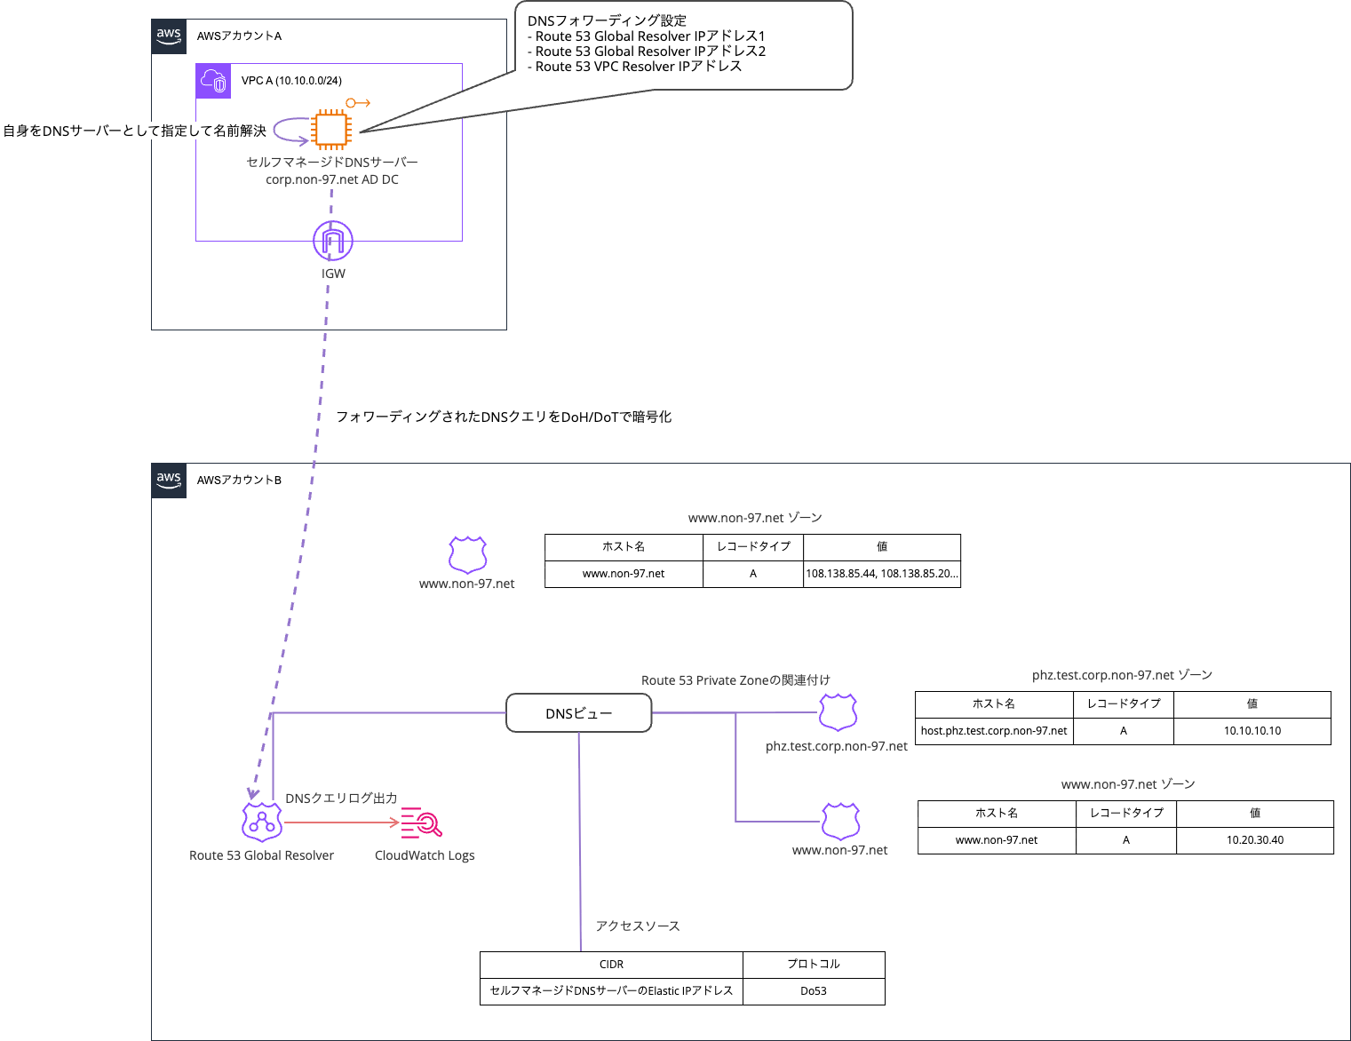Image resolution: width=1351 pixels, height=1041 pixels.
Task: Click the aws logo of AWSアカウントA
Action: [x=169, y=36]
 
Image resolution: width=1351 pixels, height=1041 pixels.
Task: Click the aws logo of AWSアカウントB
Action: [x=169, y=481]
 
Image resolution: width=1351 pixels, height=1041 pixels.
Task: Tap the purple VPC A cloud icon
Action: [x=213, y=81]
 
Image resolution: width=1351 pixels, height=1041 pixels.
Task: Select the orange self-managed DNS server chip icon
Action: [x=330, y=130]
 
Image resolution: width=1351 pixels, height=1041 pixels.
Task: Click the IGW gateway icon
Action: [x=333, y=241]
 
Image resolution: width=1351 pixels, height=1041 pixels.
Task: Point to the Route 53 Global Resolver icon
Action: [x=262, y=822]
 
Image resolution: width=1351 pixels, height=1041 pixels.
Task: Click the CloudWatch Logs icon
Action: [x=421, y=822]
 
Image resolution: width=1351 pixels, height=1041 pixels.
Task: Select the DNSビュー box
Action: [x=579, y=713]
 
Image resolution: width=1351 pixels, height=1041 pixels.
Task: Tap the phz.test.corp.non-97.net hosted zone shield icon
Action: [x=838, y=712]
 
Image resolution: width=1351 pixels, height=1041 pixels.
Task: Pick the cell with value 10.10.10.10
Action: [x=1252, y=731]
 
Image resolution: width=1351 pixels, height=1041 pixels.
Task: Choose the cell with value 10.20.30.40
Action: [x=1254, y=840]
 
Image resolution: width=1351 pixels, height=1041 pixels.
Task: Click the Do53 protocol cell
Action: [x=814, y=991]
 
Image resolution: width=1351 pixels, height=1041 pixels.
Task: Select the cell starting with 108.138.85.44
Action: [x=881, y=574]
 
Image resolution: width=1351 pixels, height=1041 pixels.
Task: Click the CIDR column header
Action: [x=611, y=965]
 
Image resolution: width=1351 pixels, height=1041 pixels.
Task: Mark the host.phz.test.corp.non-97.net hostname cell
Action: [x=994, y=731]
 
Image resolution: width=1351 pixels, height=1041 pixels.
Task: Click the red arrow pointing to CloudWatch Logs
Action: [x=342, y=822]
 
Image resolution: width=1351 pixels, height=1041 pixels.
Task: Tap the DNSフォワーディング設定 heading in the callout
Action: [x=607, y=20]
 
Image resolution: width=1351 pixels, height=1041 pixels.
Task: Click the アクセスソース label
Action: [x=638, y=926]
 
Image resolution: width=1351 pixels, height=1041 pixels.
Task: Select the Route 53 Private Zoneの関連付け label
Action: [x=735, y=680]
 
